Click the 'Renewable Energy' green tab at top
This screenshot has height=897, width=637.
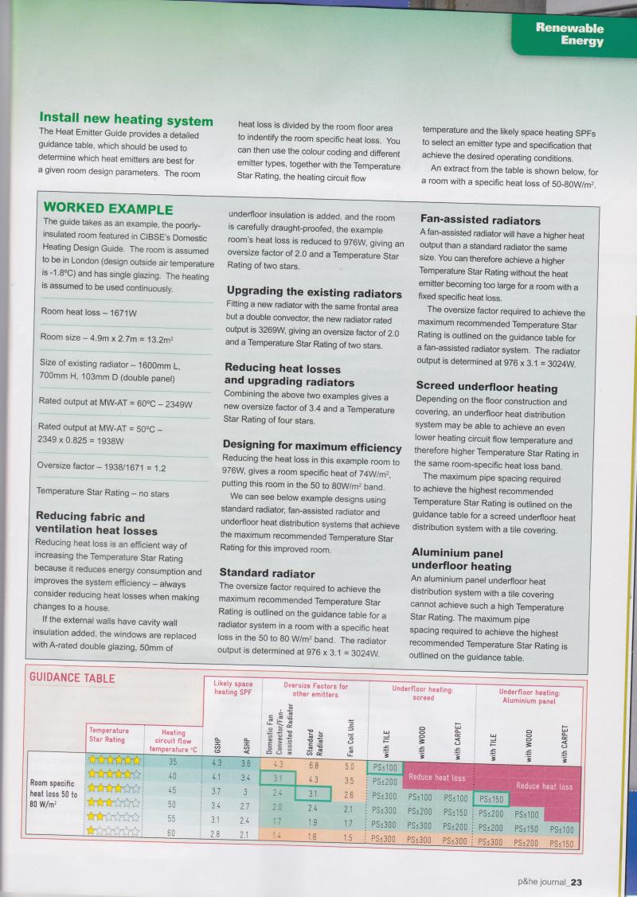[569, 34]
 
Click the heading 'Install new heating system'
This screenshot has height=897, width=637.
[126, 120]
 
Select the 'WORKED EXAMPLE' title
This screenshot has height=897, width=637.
[107, 209]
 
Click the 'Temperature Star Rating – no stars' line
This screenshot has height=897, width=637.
[104, 493]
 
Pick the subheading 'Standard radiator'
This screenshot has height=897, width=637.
[267, 573]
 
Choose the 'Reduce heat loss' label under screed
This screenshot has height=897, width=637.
[436, 778]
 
